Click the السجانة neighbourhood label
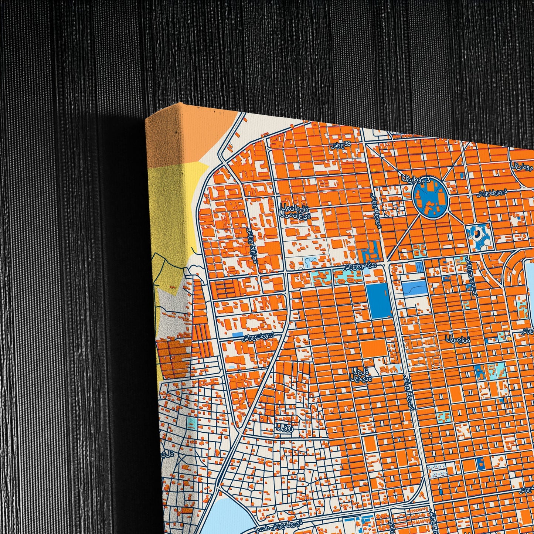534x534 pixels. [x=458, y=338]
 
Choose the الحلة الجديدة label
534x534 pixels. [x=361, y=374]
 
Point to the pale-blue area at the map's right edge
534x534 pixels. [x=529, y=285]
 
